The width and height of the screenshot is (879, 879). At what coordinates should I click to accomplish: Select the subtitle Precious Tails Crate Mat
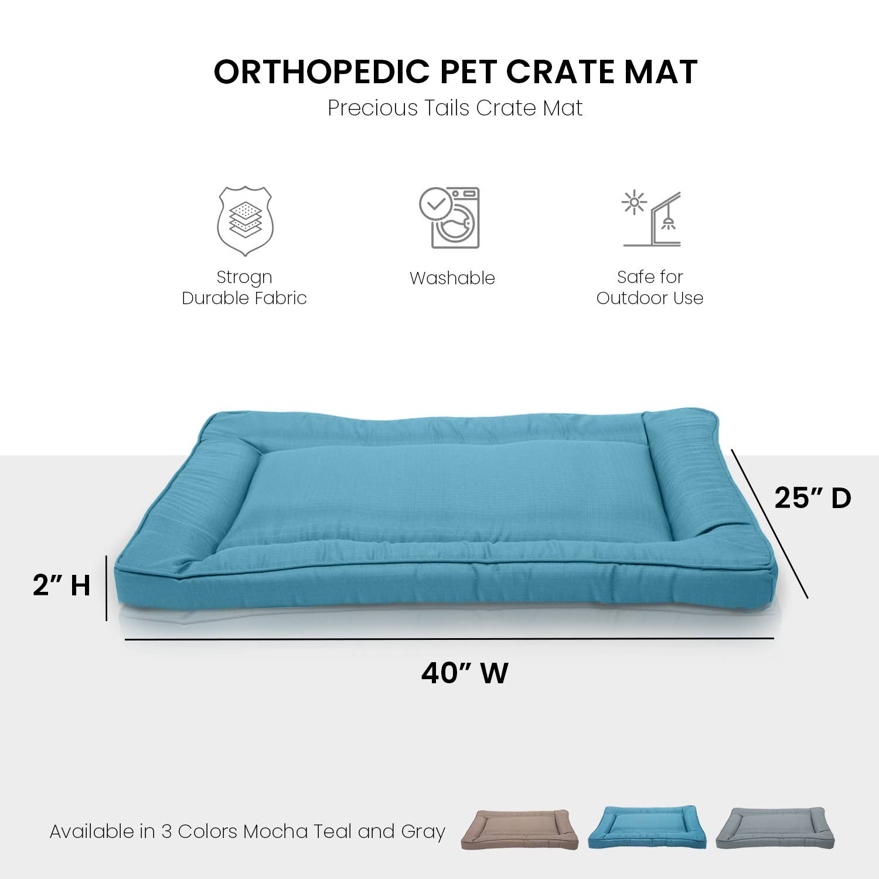click(455, 108)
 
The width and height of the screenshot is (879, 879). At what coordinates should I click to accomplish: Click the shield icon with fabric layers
click(245, 221)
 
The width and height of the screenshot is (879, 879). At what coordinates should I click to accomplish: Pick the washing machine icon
click(450, 218)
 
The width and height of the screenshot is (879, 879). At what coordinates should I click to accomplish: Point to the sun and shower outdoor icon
click(652, 219)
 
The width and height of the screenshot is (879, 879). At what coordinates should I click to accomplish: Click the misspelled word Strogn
click(244, 277)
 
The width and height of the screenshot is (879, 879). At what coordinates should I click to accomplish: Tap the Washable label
click(452, 278)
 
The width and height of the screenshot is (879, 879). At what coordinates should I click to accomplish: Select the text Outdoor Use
click(650, 298)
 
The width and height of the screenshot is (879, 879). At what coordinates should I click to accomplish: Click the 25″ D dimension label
click(812, 498)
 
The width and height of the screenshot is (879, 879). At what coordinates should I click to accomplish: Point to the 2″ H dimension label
click(62, 585)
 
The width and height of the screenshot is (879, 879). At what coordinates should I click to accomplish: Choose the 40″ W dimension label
click(464, 673)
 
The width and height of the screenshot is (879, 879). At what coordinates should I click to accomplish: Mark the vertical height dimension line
click(107, 588)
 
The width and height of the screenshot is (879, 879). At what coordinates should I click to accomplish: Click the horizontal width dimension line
click(449, 639)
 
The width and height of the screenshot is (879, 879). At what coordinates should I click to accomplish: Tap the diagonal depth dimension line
click(769, 523)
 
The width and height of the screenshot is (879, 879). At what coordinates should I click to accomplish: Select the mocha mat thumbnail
click(519, 829)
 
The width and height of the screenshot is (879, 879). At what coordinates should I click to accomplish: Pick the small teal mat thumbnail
click(646, 827)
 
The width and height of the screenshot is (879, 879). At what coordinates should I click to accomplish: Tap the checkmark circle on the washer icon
click(435, 204)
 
